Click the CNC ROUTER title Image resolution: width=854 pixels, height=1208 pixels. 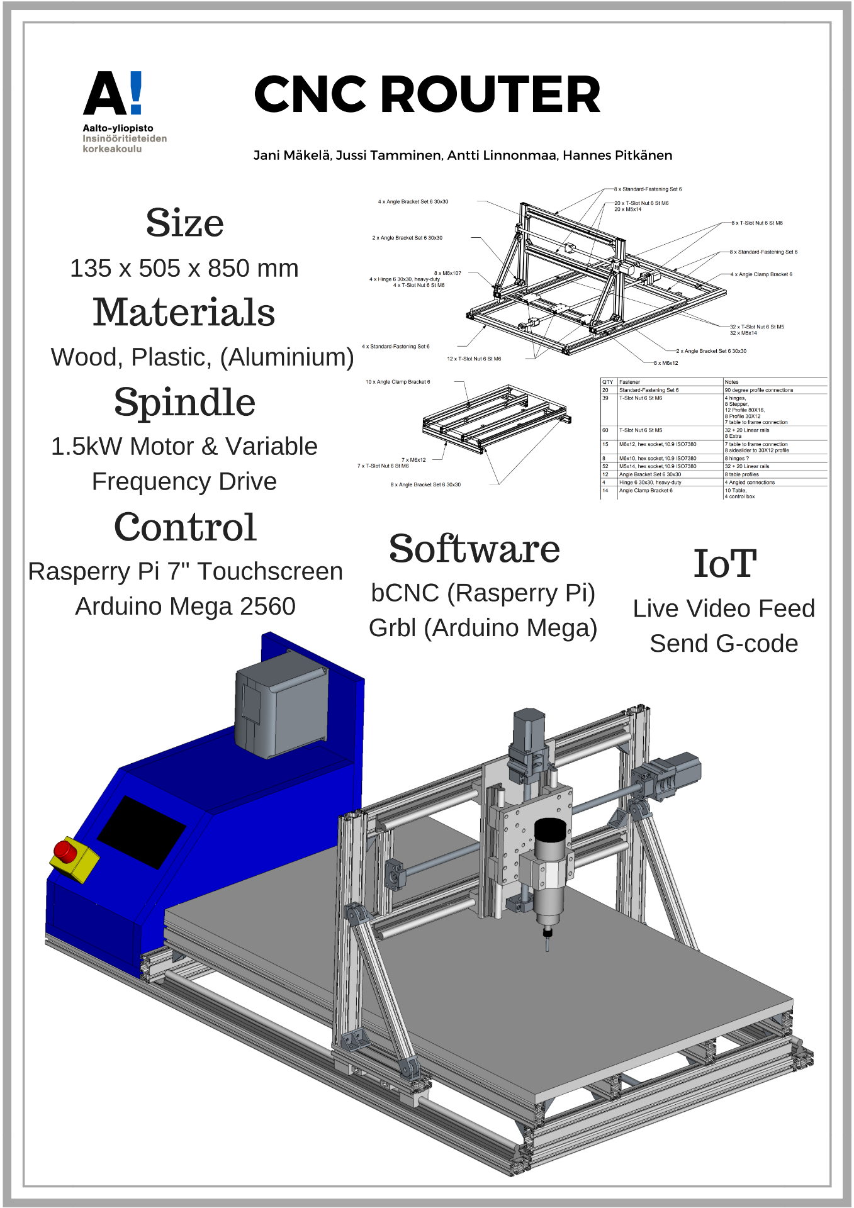pos(427,94)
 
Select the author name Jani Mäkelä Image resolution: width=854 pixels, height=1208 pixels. pos(291,155)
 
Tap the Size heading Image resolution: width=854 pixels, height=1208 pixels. pos(184,223)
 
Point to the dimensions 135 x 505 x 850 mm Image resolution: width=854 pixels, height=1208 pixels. pos(184,269)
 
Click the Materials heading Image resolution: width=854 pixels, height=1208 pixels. pos(184,313)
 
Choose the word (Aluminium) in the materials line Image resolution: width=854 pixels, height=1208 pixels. pos(287,357)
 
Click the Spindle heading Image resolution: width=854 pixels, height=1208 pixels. pos(184,403)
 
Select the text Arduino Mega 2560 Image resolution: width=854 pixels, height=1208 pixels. pos(185,607)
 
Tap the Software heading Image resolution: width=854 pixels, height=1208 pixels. pos(475,549)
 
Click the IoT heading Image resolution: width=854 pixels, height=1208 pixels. pos(724,564)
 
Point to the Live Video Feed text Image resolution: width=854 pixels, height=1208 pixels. pos(724,609)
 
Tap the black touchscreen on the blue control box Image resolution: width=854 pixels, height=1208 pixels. pos(142,832)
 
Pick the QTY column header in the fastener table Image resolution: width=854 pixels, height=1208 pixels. pos(608,382)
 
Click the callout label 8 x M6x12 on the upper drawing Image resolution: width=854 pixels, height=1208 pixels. pos(666,363)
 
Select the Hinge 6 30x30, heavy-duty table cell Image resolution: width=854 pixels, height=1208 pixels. pos(650,483)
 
